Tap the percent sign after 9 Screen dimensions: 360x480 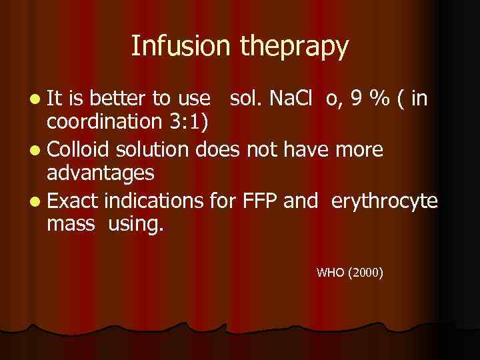382,99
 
